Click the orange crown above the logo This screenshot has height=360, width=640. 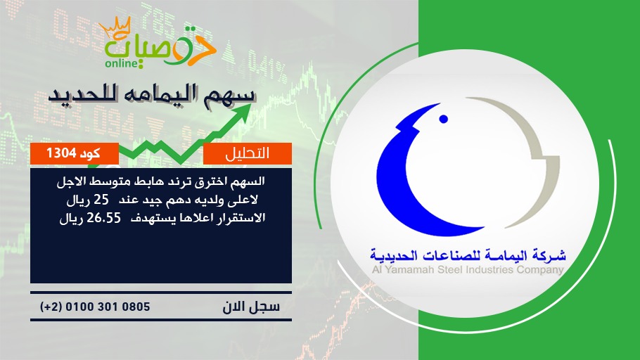(115, 27)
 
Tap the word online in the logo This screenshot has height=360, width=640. (121, 63)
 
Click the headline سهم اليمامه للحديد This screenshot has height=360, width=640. (152, 96)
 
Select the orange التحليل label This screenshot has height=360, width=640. (248, 153)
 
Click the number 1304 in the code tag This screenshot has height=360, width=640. (61, 153)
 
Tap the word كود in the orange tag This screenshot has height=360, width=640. (89, 153)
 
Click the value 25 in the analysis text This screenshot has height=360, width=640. (101, 200)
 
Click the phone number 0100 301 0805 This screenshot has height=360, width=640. (108, 307)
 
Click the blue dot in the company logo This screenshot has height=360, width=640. (443, 119)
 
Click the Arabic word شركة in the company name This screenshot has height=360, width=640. (550, 256)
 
